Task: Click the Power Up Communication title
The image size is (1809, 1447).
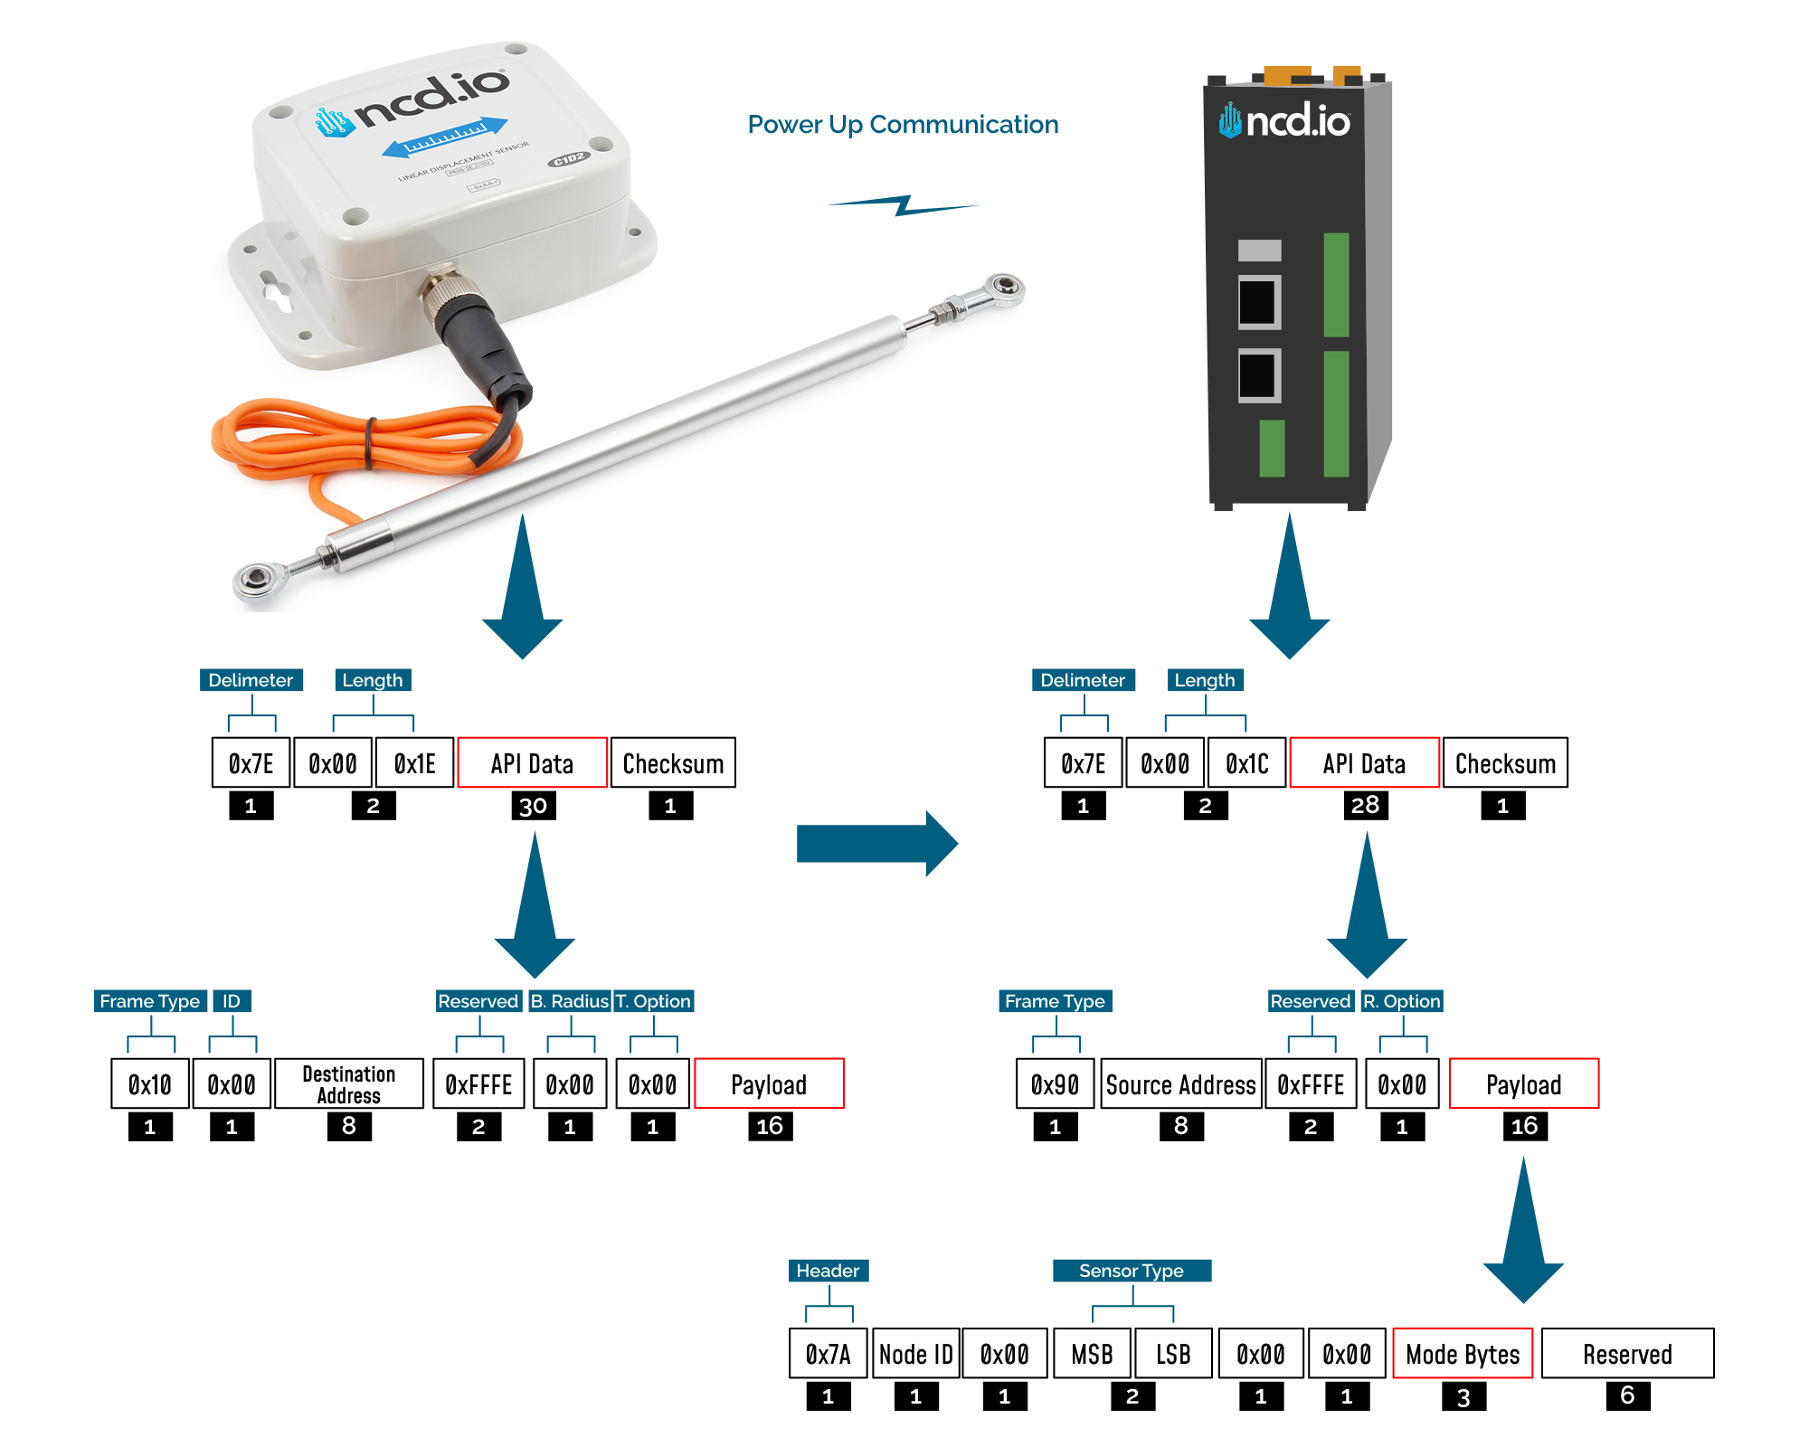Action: tap(903, 124)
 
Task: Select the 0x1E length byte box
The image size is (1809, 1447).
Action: tap(414, 763)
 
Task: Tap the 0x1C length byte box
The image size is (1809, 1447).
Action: tap(1246, 763)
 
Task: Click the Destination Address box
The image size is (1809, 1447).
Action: tap(348, 1083)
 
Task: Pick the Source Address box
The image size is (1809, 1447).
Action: tap(1180, 1083)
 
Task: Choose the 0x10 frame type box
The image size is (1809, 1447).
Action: tap(150, 1083)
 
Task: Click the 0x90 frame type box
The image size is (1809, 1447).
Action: tap(1055, 1083)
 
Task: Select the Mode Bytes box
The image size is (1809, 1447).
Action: tap(1463, 1353)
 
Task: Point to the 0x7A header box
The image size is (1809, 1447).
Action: tap(828, 1353)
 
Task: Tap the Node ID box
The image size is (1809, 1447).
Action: tap(915, 1353)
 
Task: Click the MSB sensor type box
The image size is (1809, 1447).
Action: tap(1092, 1353)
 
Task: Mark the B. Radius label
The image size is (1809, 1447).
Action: tap(570, 1001)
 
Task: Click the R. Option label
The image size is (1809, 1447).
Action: tap(1402, 1001)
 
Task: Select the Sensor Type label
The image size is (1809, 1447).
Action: tap(1132, 1271)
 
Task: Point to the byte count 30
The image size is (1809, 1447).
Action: tap(533, 806)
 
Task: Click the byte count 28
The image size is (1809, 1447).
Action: tap(1365, 805)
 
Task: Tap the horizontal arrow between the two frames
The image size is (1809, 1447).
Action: tap(876, 844)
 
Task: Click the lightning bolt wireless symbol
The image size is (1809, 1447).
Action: tap(904, 205)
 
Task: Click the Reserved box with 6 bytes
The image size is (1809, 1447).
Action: tap(1627, 1353)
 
